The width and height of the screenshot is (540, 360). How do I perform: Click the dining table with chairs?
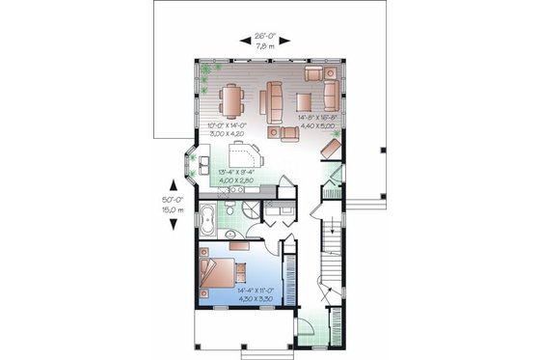pyautogui.click(x=232, y=99)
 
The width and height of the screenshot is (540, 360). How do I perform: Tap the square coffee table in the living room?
pyautogui.click(x=304, y=101)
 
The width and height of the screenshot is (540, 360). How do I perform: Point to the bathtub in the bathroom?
pyautogui.click(x=207, y=219)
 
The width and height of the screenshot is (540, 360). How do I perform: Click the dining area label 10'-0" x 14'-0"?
pyautogui.click(x=221, y=131)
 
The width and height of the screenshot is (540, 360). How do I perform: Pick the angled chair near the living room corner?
pyautogui.click(x=330, y=148)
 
